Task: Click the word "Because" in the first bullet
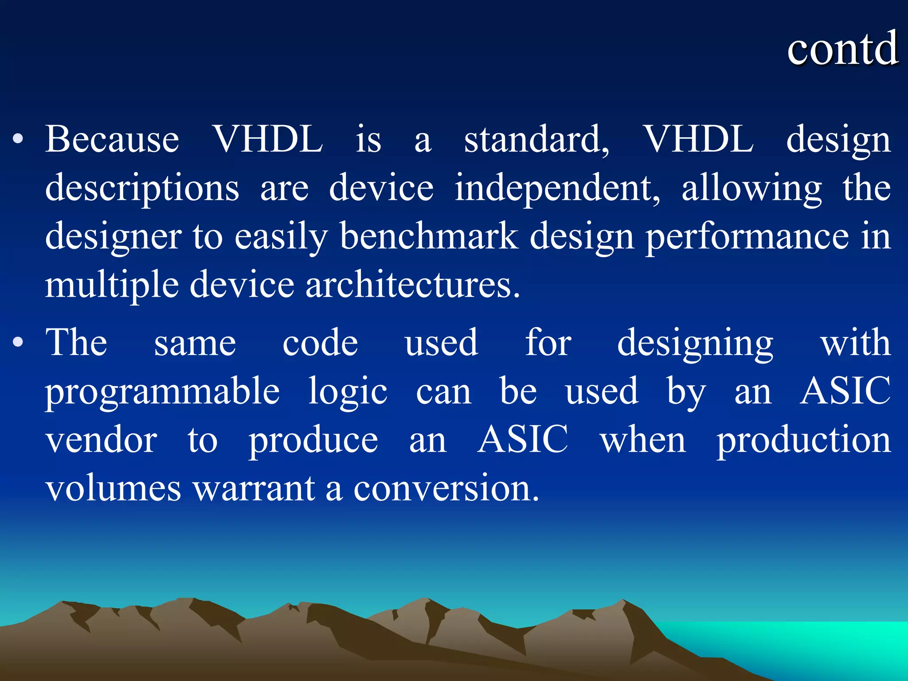tap(112, 139)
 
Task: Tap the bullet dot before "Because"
tap(18, 139)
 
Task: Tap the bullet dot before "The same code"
tap(18, 342)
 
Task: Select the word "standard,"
tap(536, 139)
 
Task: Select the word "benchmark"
tap(429, 236)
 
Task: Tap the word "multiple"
tap(112, 285)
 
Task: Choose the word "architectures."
tap(412, 285)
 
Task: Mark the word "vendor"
tap(102, 440)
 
